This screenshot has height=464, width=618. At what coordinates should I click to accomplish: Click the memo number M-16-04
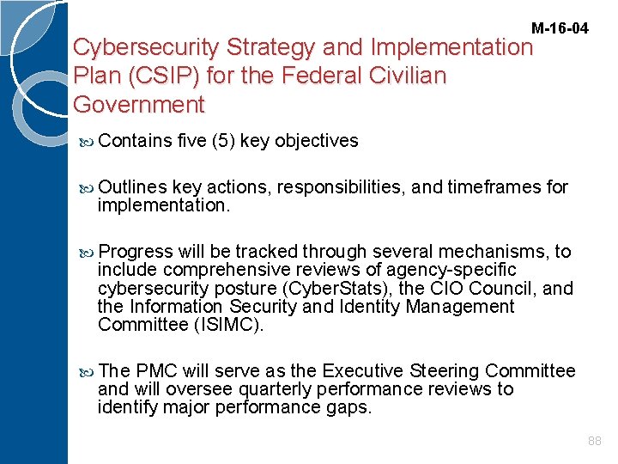pyautogui.click(x=560, y=28)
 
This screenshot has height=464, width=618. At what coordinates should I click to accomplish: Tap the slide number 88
pyautogui.click(x=595, y=441)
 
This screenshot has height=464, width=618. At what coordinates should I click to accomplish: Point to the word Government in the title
pyautogui.click(x=139, y=105)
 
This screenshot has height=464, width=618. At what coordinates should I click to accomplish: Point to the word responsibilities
pyautogui.click(x=343, y=186)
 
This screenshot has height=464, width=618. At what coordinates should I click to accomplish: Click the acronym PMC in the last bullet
pyautogui.click(x=157, y=370)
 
